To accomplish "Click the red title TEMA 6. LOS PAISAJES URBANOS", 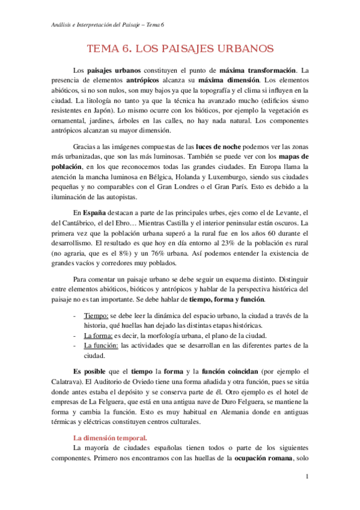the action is pos(180,48).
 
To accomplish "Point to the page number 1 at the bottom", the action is pos(307,477).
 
